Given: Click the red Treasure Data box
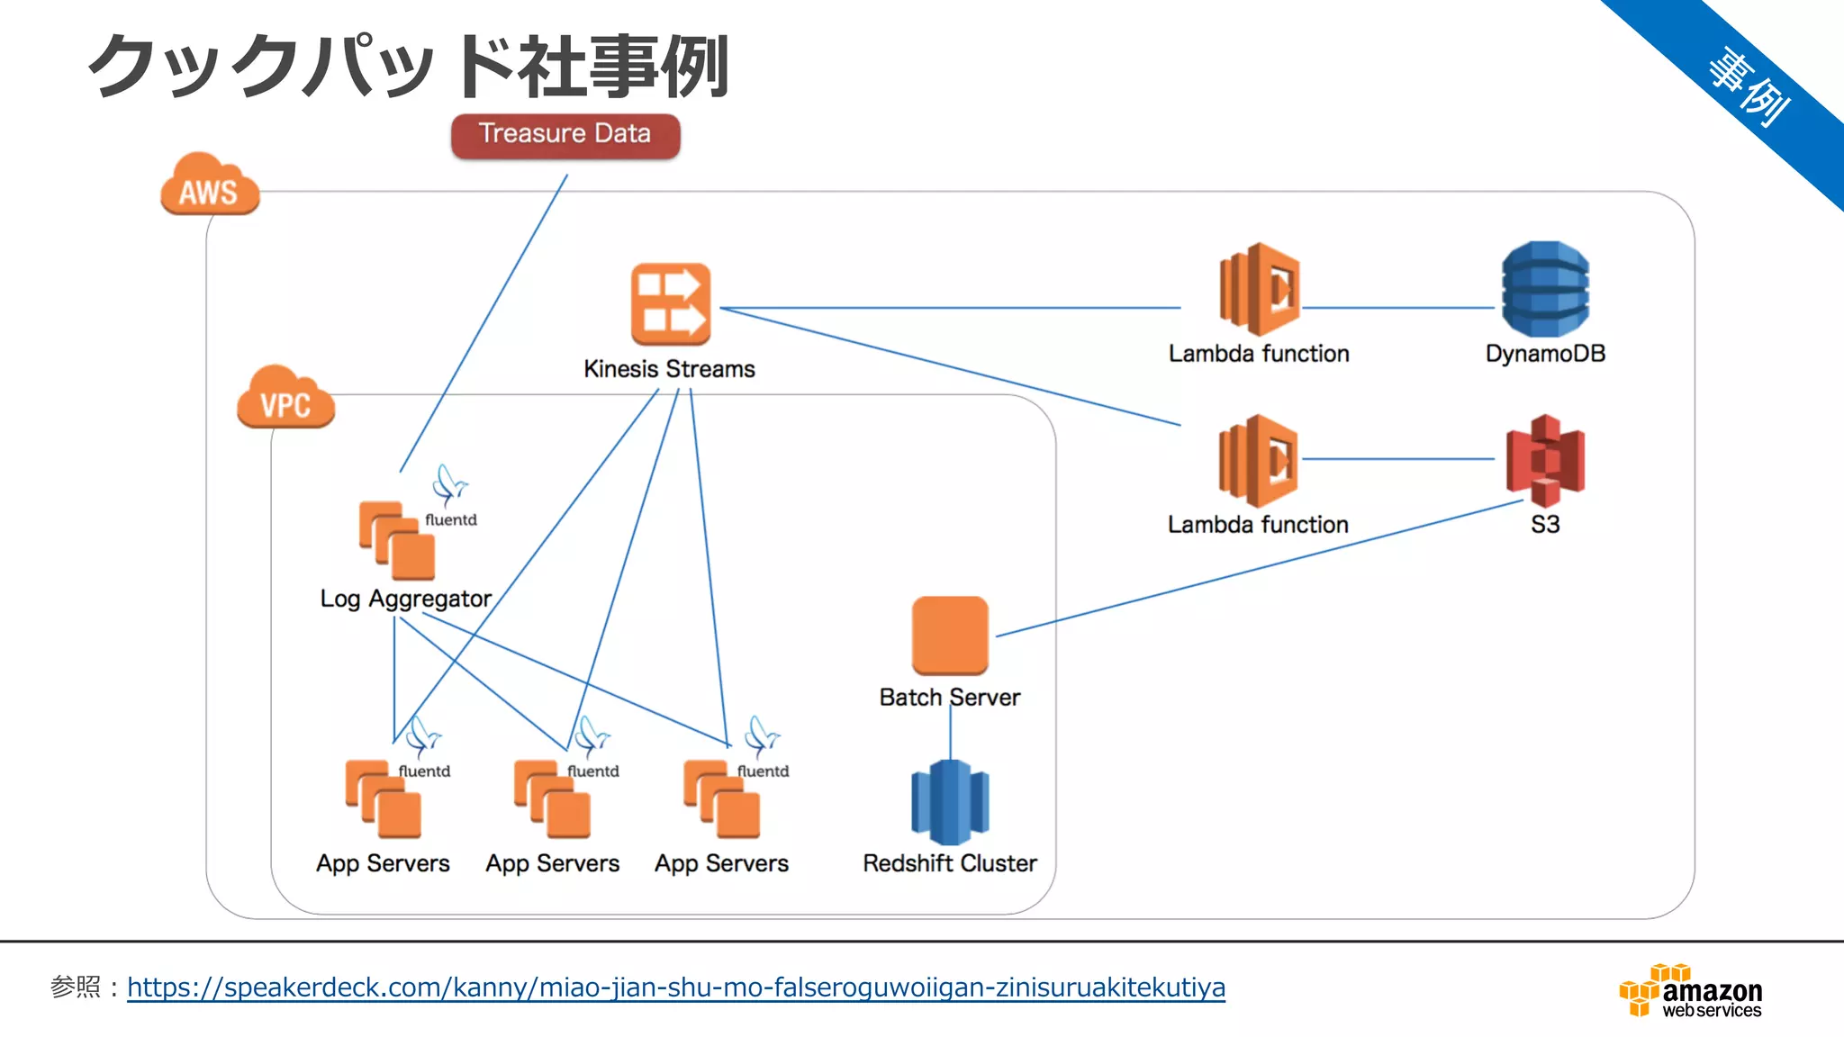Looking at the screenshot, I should pos(565,135).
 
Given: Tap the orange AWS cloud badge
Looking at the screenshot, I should pos(210,185).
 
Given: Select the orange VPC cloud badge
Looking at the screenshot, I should pos(285,399).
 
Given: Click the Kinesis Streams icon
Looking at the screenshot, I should pos(671,304).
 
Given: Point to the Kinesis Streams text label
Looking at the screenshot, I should pos(669,369).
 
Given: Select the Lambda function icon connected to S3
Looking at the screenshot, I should pos(1258,460).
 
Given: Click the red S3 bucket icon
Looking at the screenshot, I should pos(1545,460).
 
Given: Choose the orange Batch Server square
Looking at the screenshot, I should pos(950,635).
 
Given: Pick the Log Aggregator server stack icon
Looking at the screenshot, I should pos(397,541).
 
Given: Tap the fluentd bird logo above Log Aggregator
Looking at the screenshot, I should pos(449,485).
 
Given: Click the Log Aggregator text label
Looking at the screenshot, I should pos(406,599).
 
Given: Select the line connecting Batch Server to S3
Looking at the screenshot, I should pos(1261,569).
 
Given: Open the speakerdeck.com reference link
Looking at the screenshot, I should pos(675,987).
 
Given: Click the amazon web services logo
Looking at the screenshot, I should pos(1691,992).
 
